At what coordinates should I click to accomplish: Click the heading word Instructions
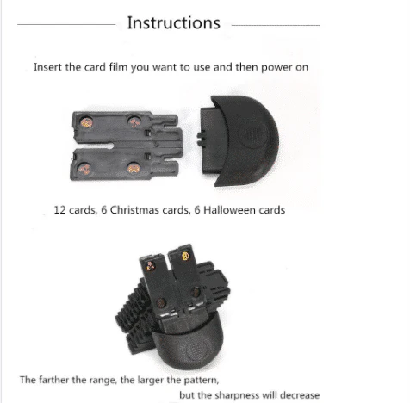[x=173, y=23]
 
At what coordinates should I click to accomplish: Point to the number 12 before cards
[x=60, y=210]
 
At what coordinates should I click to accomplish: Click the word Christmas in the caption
[x=134, y=210]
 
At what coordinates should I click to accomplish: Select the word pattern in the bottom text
[x=201, y=381]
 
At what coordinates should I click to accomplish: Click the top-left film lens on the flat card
[x=86, y=122]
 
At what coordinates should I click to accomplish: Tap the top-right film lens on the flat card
[x=134, y=121]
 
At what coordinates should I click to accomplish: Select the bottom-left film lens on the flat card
[x=84, y=169]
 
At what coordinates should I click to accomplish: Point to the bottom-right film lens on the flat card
[x=134, y=168]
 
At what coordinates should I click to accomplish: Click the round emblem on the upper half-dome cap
[x=253, y=134]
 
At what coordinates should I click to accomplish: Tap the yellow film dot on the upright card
[x=185, y=256]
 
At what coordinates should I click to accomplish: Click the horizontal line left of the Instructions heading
[x=66, y=25]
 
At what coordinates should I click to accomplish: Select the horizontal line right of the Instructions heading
[x=276, y=25]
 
